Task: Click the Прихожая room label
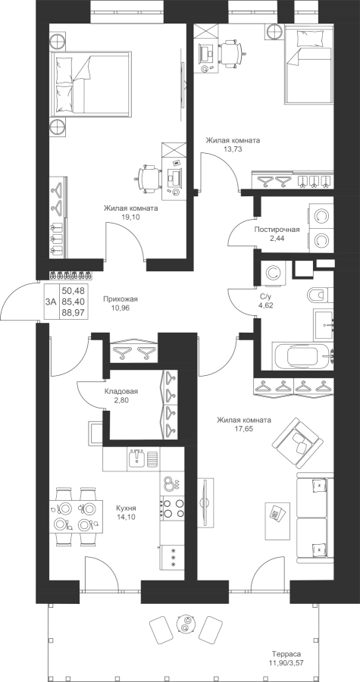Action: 120,299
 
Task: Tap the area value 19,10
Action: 130,216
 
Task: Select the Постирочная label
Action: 277,229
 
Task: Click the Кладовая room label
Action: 121,391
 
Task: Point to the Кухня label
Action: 126,508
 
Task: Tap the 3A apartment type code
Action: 51,302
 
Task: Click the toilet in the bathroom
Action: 320,296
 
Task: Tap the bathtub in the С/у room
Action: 302,356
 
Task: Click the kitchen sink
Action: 137,458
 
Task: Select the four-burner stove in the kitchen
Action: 172,508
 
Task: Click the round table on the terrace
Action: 186,625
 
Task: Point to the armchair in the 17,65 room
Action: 297,440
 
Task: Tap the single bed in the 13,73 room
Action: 308,68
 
